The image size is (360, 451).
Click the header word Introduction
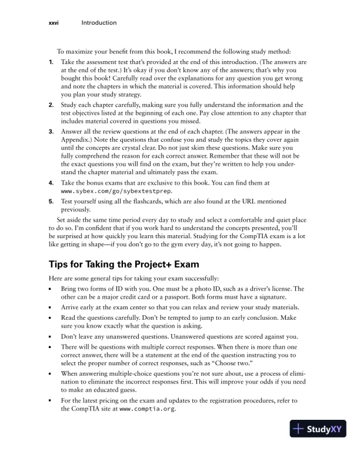(99, 23)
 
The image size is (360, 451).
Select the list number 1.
(52, 62)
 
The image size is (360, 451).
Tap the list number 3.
(52, 131)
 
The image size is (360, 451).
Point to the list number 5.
(52, 201)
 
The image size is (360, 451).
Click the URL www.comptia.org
(147, 409)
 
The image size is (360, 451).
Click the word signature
(282, 298)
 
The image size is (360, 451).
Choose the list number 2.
(52, 104)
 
